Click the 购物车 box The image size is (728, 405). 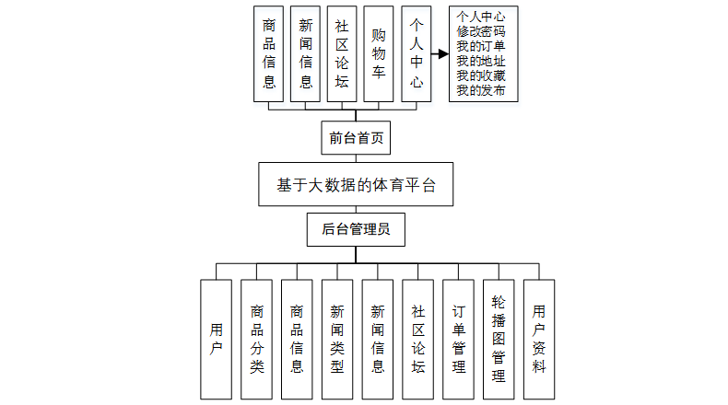(379, 54)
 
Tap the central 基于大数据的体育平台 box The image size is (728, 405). (356, 184)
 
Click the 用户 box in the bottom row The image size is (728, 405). (217, 339)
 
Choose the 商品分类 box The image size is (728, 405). (257, 339)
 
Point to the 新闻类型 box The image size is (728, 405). (337, 339)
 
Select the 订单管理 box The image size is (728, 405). (459, 339)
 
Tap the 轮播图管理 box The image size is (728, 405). (499, 339)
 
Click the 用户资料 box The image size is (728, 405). (539, 339)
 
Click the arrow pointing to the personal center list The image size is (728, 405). (440, 54)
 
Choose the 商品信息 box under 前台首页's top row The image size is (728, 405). (269, 54)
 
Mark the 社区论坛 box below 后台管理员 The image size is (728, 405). (418, 339)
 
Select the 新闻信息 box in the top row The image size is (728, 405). (306, 54)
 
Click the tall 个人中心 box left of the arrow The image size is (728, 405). (416, 54)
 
